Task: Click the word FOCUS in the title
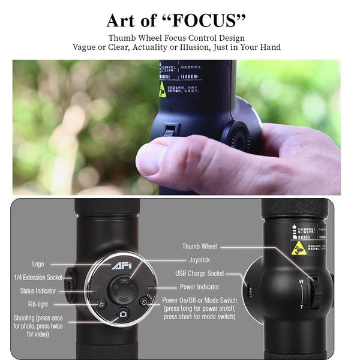(x=205, y=20)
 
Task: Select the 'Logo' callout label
(x=38, y=264)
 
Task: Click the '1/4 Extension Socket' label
(x=38, y=277)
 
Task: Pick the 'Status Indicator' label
(x=38, y=291)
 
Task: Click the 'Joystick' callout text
(x=199, y=260)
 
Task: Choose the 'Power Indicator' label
(x=200, y=287)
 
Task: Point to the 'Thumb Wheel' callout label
(x=200, y=246)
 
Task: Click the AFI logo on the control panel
(x=120, y=266)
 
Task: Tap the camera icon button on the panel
(x=123, y=314)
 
